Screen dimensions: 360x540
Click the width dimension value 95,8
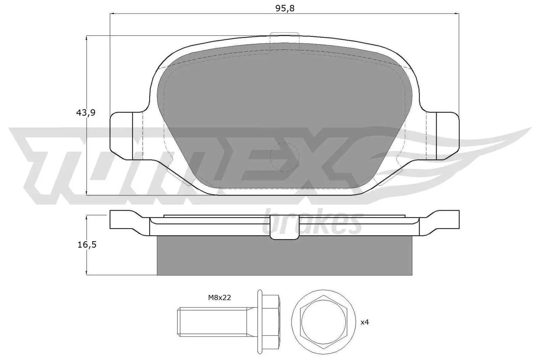pyautogui.click(x=285, y=8)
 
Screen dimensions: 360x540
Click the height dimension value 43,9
pyautogui.click(x=85, y=113)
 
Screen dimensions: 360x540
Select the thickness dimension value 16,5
pyautogui.click(x=86, y=245)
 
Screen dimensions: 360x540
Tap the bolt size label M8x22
pyautogui.click(x=219, y=298)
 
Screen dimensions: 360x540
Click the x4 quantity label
pyautogui.click(x=365, y=322)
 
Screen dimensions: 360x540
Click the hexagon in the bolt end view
pyautogui.click(x=324, y=322)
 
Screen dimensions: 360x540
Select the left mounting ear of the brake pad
pyautogui.click(x=122, y=136)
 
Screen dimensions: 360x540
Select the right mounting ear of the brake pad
pyautogui.click(x=447, y=136)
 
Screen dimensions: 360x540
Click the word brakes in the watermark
pyautogui.click(x=312, y=224)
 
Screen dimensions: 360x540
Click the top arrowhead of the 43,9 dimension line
pyautogui.click(x=87, y=38)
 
